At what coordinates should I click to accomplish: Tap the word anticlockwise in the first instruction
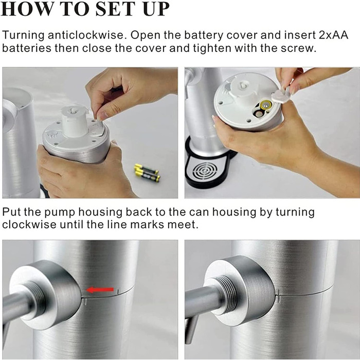click(x=86, y=35)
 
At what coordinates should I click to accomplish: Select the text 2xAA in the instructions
click(x=334, y=35)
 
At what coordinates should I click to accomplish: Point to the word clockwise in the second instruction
click(x=29, y=224)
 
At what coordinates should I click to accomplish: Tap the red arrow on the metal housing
click(x=100, y=290)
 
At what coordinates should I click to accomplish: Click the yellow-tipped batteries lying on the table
click(x=147, y=173)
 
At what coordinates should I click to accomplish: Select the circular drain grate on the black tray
click(x=205, y=171)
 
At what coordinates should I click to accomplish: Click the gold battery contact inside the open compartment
click(x=265, y=105)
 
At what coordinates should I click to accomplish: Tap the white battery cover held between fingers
click(x=280, y=95)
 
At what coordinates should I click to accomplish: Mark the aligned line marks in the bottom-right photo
click(x=278, y=296)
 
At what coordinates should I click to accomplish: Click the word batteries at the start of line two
click(x=27, y=48)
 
